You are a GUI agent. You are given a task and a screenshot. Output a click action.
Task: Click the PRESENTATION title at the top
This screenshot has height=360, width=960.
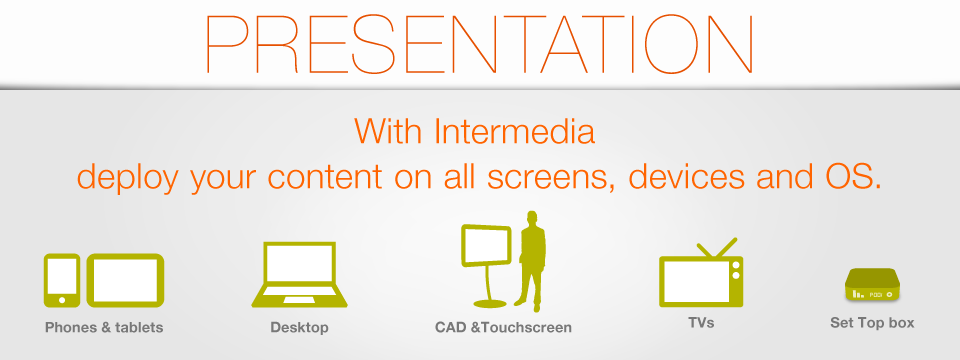pyautogui.click(x=479, y=43)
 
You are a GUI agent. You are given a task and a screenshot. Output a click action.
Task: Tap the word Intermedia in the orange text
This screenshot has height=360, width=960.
pyautogui.click(x=514, y=130)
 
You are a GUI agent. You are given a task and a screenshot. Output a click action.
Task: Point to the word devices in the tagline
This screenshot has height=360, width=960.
pyautogui.click(x=688, y=176)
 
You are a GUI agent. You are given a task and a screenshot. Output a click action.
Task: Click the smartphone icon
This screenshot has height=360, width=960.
pyautogui.click(x=62, y=280)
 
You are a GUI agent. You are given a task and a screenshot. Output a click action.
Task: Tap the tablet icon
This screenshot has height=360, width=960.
pyautogui.click(x=125, y=280)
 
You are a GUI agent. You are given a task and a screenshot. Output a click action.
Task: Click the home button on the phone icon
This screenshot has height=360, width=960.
pyautogui.click(x=62, y=300)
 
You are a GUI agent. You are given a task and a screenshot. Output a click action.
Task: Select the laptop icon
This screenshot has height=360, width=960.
pyautogui.click(x=299, y=274)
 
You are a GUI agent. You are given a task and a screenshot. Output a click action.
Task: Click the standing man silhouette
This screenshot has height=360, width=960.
pyautogui.click(x=530, y=260)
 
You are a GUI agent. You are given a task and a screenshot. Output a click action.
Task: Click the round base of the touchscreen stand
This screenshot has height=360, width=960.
pyautogui.click(x=490, y=304)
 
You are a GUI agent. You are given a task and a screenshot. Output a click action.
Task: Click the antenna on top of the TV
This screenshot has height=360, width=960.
pyautogui.click(x=716, y=248)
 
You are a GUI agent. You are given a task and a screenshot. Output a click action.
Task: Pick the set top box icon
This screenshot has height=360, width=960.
pyautogui.click(x=872, y=285)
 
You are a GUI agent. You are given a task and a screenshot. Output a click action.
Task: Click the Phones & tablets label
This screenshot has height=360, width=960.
pyautogui.click(x=104, y=328)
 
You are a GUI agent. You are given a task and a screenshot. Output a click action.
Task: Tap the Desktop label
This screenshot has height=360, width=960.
pyautogui.click(x=299, y=328)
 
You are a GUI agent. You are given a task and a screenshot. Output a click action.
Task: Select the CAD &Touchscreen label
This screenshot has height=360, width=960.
pyautogui.click(x=503, y=328)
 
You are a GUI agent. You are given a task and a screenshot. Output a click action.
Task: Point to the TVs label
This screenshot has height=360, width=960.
pyautogui.click(x=701, y=323)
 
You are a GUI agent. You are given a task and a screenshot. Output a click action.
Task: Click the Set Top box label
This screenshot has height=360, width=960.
pyautogui.click(x=872, y=323)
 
